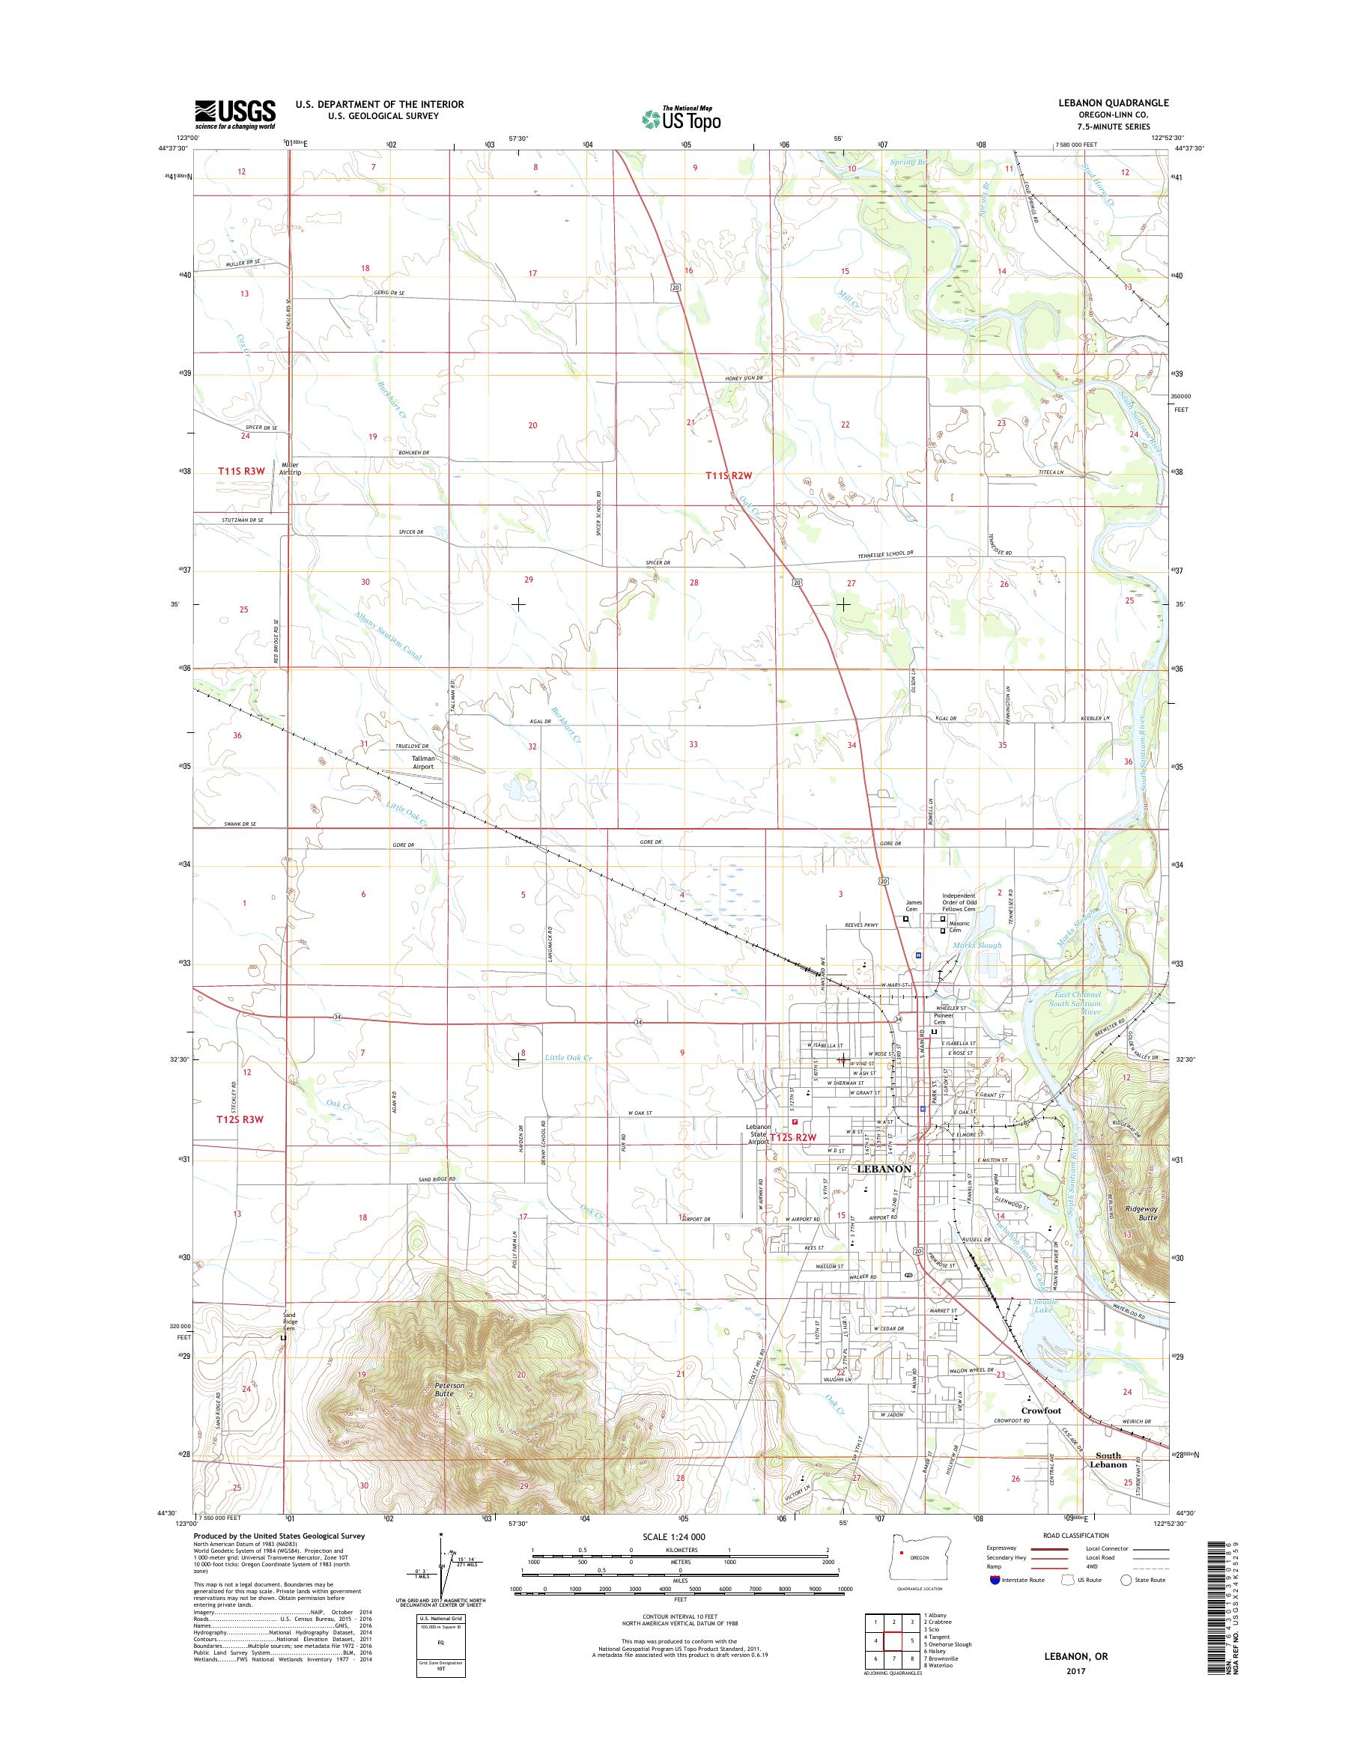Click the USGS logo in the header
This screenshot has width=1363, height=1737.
pos(235,113)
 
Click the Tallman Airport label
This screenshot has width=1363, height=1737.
pos(422,762)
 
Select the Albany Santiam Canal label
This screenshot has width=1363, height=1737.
pos(388,636)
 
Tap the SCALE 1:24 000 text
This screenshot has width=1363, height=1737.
pos(679,1558)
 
